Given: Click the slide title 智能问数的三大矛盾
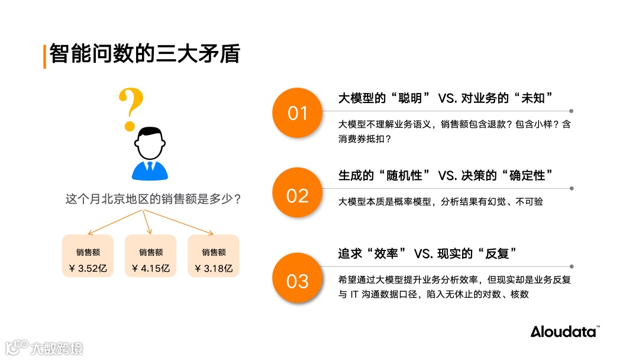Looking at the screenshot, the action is [x=144, y=54].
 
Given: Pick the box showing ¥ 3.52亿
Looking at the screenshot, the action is [x=88, y=256].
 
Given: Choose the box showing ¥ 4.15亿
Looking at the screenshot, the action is [x=150, y=256].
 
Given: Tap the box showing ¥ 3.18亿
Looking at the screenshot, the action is [x=213, y=256].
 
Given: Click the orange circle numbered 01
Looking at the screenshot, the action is [x=297, y=113].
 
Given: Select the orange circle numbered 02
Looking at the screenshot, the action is [x=297, y=195].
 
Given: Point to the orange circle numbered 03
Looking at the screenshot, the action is [x=297, y=280].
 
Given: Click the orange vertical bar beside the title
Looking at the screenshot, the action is [x=44, y=56].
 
